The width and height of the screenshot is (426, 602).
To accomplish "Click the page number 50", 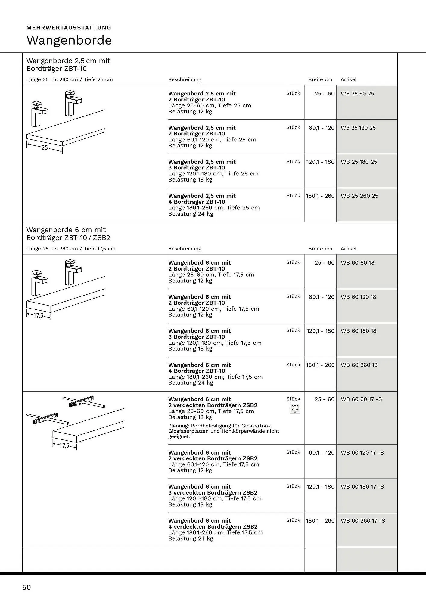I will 26,587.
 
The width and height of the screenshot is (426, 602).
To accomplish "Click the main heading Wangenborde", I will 69,40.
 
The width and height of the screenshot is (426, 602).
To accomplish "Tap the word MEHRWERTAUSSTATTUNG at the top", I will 69,28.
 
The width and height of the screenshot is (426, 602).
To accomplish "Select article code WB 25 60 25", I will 357,94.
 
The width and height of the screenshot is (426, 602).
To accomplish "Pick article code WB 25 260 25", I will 359,196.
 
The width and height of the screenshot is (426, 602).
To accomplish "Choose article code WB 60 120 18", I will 358,297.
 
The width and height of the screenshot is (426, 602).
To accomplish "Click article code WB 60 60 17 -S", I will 361,399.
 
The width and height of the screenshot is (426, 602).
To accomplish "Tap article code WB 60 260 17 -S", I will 363,521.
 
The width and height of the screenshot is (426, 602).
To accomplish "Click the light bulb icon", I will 295,408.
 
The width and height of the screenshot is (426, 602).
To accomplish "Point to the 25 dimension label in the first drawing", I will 45,148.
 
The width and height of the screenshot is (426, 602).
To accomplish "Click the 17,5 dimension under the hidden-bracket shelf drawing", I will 64,446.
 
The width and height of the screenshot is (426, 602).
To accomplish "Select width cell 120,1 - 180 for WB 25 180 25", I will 320,162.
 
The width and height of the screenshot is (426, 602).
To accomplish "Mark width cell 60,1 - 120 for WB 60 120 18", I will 321,297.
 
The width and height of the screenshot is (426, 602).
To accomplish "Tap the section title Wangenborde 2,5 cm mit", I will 68,61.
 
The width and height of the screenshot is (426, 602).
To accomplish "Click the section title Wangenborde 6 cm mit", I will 66,230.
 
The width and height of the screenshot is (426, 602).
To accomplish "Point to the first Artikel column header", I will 348,80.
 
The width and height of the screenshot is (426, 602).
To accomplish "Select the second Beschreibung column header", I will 185,249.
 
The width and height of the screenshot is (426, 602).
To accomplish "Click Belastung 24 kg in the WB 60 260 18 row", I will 191,383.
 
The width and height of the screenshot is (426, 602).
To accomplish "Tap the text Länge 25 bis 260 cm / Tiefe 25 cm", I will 70,80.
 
